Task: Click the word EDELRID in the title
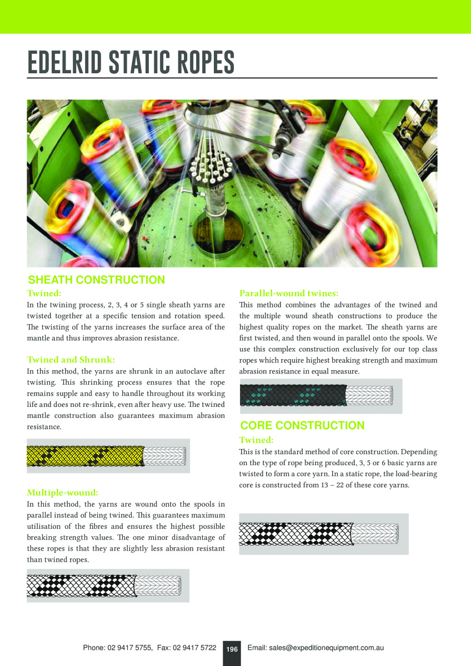pyautogui.click(x=64, y=63)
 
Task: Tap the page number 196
pyautogui.click(x=232, y=649)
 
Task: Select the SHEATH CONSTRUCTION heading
pyautogui.click(x=97, y=280)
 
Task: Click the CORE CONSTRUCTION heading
pyautogui.click(x=302, y=426)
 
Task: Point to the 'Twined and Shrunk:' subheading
pyautogui.click(x=71, y=360)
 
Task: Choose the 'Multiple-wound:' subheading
pyautogui.click(x=63, y=492)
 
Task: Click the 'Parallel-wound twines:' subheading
pyautogui.click(x=289, y=293)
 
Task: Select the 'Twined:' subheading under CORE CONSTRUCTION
pyautogui.click(x=256, y=440)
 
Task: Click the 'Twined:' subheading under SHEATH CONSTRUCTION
pyautogui.click(x=44, y=293)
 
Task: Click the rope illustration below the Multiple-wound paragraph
pyautogui.click(x=106, y=585)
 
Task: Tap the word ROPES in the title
pyautogui.click(x=203, y=63)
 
